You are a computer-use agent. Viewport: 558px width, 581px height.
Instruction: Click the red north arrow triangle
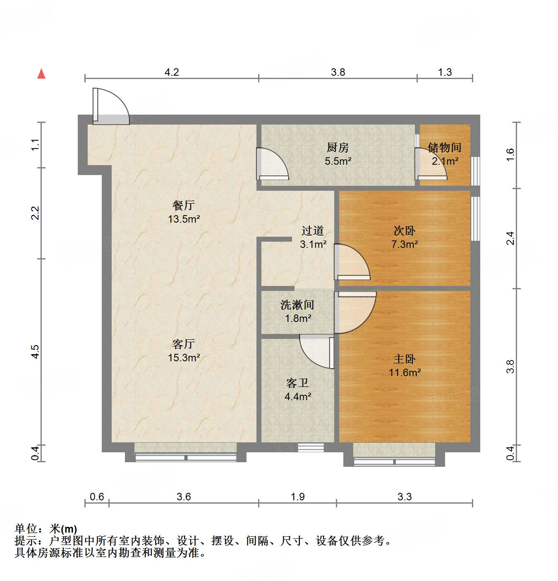click(x=41, y=74)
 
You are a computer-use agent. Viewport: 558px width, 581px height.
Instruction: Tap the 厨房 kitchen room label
click(x=338, y=147)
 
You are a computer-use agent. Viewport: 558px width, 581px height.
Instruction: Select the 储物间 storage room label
click(x=444, y=147)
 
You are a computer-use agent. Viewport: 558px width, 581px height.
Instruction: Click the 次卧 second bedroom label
click(x=404, y=231)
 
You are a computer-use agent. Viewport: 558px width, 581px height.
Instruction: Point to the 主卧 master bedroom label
click(x=404, y=359)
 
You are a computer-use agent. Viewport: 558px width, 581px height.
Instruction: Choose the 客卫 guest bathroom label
click(x=297, y=383)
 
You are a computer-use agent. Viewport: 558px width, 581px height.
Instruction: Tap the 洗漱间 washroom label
click(x=297, y=305)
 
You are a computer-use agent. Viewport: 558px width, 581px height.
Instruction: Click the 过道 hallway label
click(x=312, y=231)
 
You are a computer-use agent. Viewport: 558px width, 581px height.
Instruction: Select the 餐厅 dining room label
click(x=184, y=205)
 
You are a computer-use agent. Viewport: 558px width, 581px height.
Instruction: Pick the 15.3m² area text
click(x=184, y=358)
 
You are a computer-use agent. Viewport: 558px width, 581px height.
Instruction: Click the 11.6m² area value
click(x=405, y=372)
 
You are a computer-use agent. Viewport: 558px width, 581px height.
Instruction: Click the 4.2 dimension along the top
click(x=172, y=72)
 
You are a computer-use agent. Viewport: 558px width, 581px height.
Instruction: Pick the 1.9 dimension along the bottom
click(x=298, y=497)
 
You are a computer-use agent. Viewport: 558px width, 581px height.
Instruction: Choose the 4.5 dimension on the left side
click(x=35, y=351)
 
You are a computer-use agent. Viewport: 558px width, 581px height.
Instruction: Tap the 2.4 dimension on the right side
click(x=510, y=238)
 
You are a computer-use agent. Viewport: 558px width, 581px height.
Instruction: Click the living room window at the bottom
click(x=185, y=457)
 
